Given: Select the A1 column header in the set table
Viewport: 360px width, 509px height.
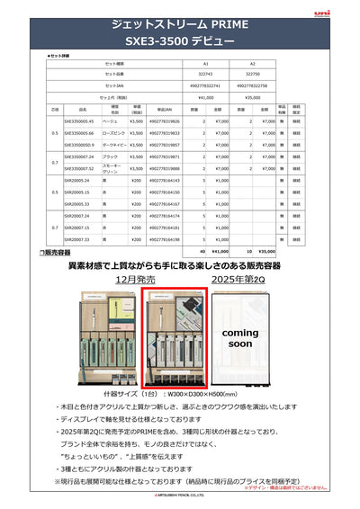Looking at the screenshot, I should tap(205, 66).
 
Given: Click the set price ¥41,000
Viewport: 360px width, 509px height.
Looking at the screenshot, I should tap(205, 96).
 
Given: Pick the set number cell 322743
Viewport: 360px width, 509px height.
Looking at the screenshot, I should tap(205, 76).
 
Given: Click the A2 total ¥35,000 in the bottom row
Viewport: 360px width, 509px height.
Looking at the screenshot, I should tap(267, 251).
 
